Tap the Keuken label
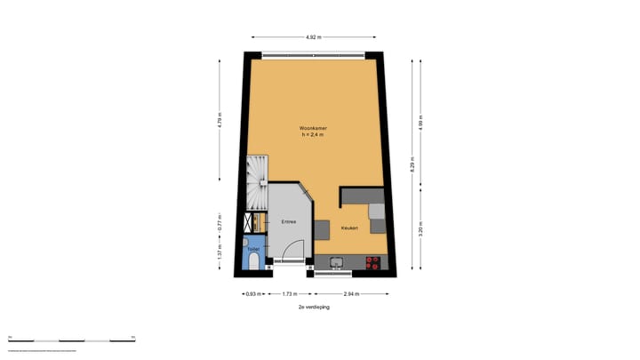click(349, 228)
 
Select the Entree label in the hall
click(289, 220)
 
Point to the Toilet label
click(253, 250)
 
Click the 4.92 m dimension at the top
click(313, 37)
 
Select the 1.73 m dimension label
click(289, 293)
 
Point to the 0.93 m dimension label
click(252, 293)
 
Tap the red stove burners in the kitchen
click(373, 262)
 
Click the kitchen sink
click(337, 262)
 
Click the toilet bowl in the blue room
click(254, 263)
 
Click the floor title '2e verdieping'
click(313, 306)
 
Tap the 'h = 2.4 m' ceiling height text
click(312, 136)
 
